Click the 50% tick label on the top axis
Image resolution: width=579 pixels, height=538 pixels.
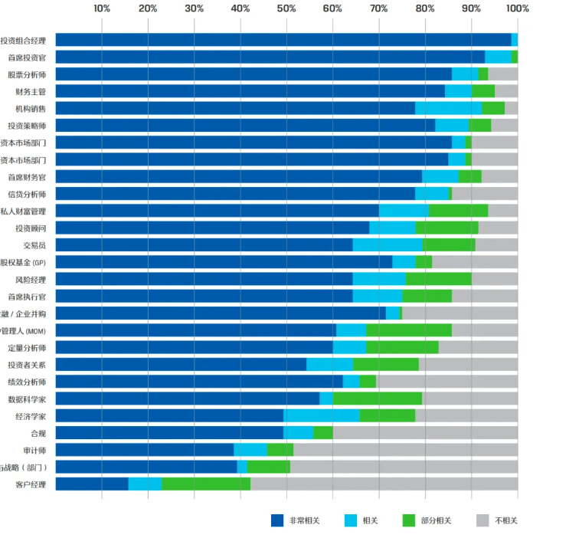[286, 8]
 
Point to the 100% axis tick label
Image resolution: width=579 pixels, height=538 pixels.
[518, 8]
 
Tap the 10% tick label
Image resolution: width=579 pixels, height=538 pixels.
[102, 8]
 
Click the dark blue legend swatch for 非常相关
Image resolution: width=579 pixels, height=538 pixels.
[277, 520]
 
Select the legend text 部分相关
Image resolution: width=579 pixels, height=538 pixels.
[436, 520]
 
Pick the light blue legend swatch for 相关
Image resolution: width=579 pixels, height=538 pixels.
[344, 520]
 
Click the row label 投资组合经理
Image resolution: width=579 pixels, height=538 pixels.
[24, 41]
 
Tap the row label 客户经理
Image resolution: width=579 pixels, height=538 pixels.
[31, 484]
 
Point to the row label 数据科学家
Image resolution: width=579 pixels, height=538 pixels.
[28, 399]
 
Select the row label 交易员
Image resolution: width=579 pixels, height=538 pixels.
[35, 245]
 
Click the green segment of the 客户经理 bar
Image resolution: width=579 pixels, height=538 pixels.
[206, 484]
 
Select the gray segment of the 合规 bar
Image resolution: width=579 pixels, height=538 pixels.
[425, 433]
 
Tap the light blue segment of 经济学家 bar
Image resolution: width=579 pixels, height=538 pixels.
[322, 416]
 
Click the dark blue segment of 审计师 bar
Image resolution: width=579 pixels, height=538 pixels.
[144, 450]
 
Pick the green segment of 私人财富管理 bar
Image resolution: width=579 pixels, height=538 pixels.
[458, 211]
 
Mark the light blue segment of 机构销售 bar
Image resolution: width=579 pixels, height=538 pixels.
[448, 109]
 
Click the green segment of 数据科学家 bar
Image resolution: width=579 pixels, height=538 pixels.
[377, 399]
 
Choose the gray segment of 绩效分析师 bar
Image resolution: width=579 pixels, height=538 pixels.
[447, 382]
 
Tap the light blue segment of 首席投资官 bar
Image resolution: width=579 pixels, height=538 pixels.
[498, 57]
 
